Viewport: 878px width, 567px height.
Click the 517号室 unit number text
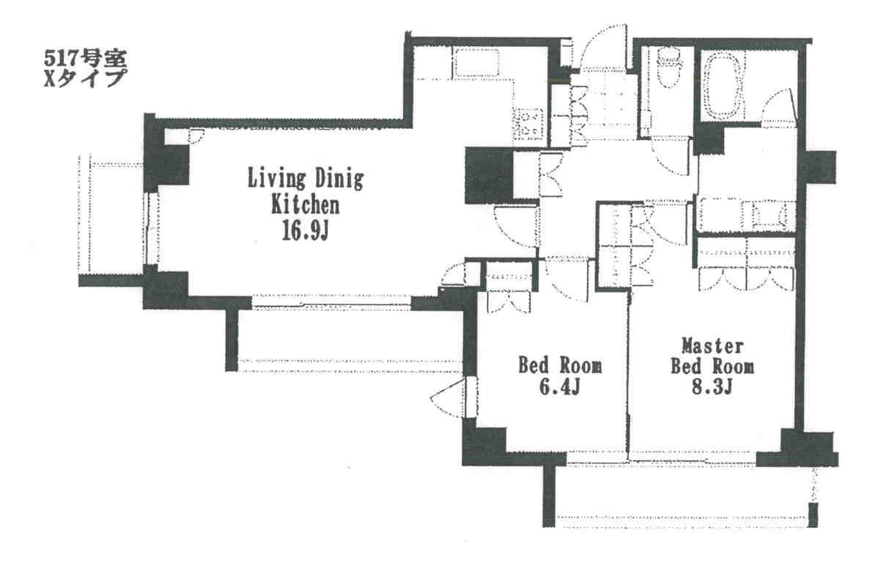click(x=86, y=57)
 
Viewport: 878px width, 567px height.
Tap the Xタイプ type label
click(x=84, y=77)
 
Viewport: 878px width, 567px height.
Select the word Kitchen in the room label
click(x=305, y=205)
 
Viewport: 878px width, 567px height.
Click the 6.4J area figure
click(x=559, y=387)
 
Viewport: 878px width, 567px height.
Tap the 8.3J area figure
click(x=712, y=387)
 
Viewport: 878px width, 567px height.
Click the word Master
click(x=712, y=345)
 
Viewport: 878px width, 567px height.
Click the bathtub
click(x=723, y=84)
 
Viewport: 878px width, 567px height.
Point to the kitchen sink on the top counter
click(x=476, y=62)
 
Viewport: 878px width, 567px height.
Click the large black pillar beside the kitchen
click(x=489, y=175)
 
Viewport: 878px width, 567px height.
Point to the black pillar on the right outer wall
click(x=820, y=167)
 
